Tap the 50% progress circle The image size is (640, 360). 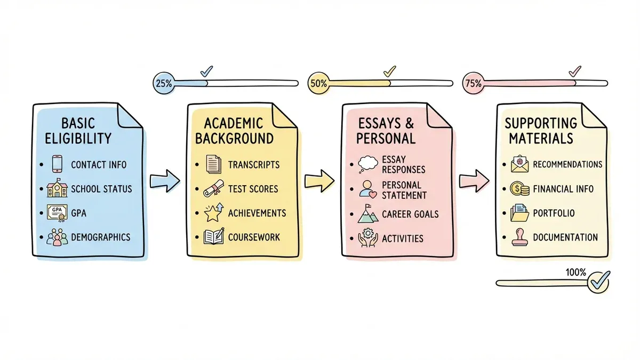[318, 83]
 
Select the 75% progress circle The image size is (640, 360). [473, 83]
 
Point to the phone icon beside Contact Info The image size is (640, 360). [57, 164]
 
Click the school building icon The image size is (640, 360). [57, 189]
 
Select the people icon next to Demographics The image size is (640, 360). [57, 237]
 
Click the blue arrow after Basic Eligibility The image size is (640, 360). [163, 180]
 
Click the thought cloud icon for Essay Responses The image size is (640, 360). [369, 164]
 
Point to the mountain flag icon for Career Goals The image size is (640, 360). [367, 214]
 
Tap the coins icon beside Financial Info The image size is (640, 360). [518, 189]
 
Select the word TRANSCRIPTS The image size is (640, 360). [253, 164]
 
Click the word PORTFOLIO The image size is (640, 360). [554, 213]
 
